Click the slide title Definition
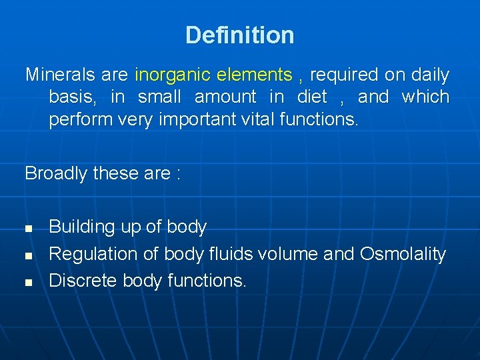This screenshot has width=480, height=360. [239, 35]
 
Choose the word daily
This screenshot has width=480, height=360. [430, 75]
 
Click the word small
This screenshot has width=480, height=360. [160, 97]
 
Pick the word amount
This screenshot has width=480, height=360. [225, 97]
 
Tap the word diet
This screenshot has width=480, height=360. [311, 97]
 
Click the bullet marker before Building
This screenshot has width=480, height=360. [29, 229]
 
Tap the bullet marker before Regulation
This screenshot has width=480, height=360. [29, 255]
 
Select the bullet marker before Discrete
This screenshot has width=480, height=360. [29, 282]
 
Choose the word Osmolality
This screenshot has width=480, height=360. [403, 254]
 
